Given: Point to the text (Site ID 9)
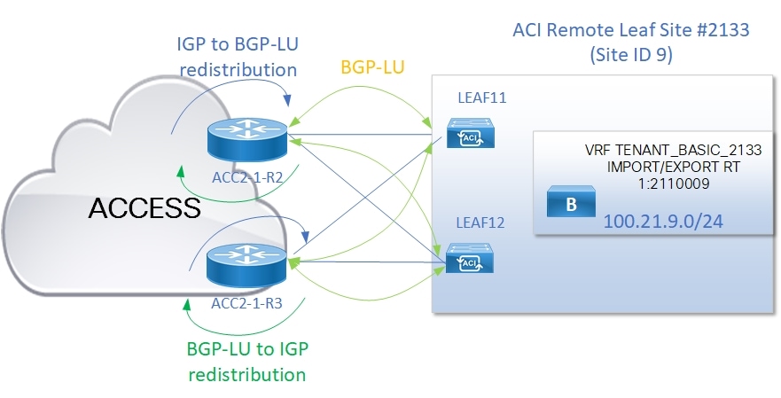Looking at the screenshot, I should coord(631,55).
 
